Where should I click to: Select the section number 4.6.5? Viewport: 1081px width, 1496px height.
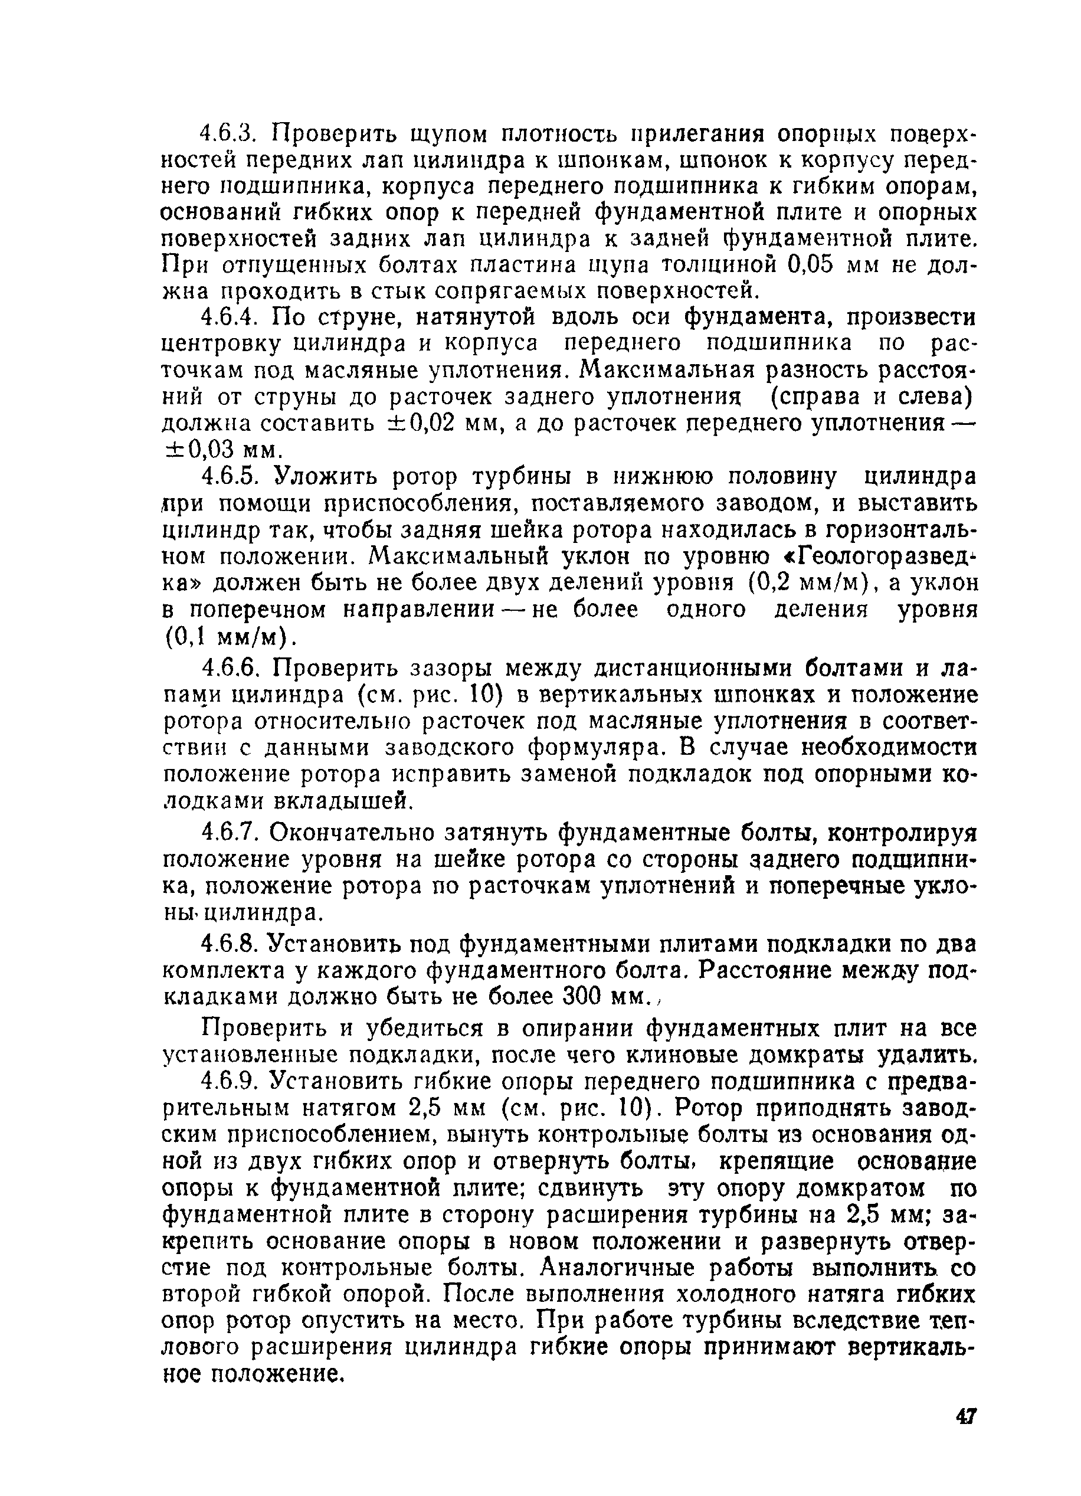[231, 476]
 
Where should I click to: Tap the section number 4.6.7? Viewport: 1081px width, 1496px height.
[230, 833]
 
